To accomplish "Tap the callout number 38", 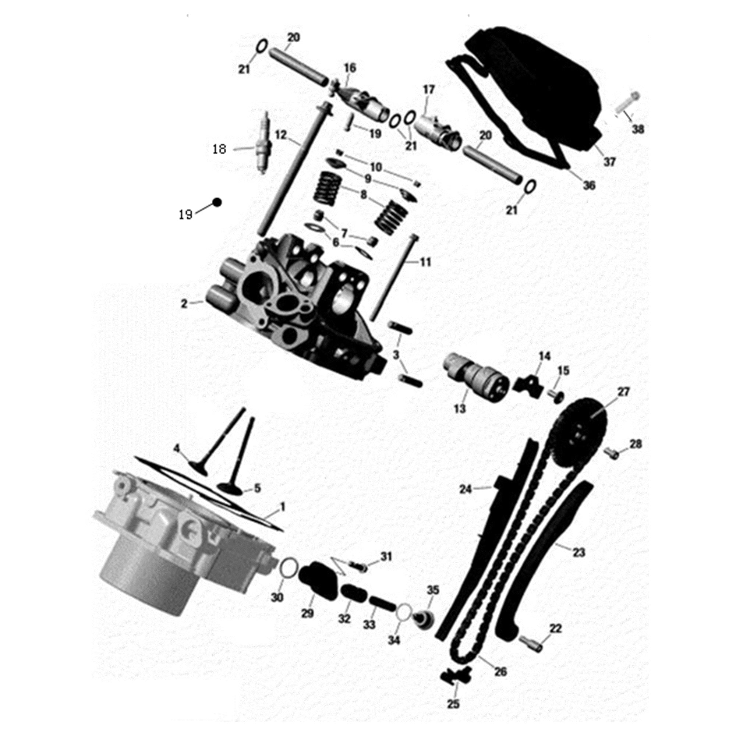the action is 638,129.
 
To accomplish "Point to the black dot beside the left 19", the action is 217,202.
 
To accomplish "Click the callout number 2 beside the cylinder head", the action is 184,304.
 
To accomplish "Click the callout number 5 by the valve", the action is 257,488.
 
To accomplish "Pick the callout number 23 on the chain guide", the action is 578,563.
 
